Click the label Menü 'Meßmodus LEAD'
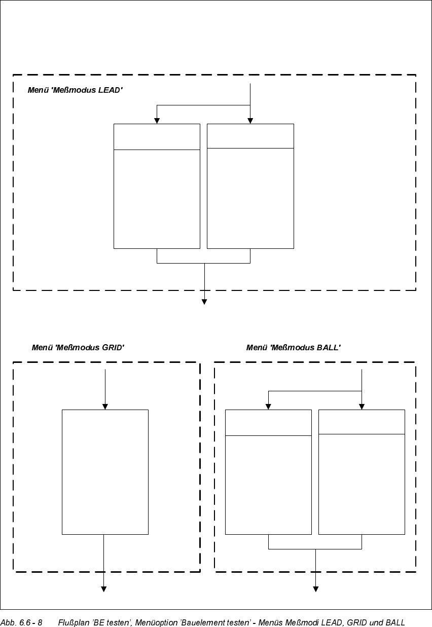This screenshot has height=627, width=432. (x=75, y=90)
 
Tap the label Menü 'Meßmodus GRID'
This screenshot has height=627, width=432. (x=78, y=348)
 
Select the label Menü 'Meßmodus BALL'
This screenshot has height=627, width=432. (x=293, y=348)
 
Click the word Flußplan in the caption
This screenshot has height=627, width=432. (x=73, y=622)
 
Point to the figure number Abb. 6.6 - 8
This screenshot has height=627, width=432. (x=21, y=622)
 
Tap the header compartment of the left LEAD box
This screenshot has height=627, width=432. (x=157, y=137)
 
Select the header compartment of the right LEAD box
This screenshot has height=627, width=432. (x=250, y=136)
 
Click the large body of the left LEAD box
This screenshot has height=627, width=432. (x=157, y=199)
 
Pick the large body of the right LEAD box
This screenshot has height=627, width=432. (x=250, y=198)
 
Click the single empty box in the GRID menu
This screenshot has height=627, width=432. (x=105, y=471)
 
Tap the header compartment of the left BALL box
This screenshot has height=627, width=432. (x=268, y=423)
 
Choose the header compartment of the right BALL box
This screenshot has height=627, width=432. (x=362, y=422)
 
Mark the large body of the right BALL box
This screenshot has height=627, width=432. (x=362, y=484)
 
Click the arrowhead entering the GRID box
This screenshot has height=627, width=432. (x=105, y=407)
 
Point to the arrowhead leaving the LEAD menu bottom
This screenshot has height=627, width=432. (x=204, y=302)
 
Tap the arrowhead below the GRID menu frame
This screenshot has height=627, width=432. (x=103, y=589)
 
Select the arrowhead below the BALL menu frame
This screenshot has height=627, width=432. (x=315, y=589)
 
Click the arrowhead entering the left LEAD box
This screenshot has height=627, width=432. (x=157, y=121)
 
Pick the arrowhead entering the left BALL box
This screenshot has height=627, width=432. (x=268, y=407)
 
